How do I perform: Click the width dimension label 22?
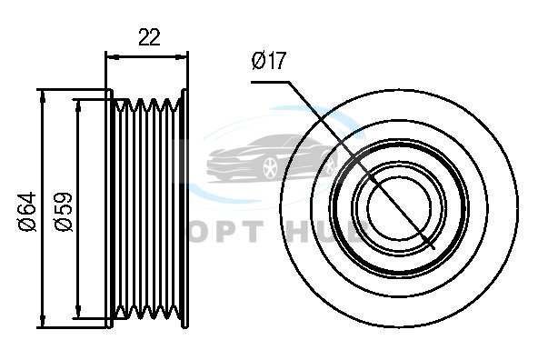coord(149,37)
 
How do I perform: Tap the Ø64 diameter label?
coord(28,212)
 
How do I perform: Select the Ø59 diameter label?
coord(64,212)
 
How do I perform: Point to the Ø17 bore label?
coord(269,61)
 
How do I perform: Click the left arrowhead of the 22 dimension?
coord(112,57)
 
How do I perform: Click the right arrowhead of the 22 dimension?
coord(182,57)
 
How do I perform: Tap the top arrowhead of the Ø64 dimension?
coord(43,96)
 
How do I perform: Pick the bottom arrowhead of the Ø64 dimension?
coord(43,321)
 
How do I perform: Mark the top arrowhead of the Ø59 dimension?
coord(78,105)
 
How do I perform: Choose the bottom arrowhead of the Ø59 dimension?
coord(78,312)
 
